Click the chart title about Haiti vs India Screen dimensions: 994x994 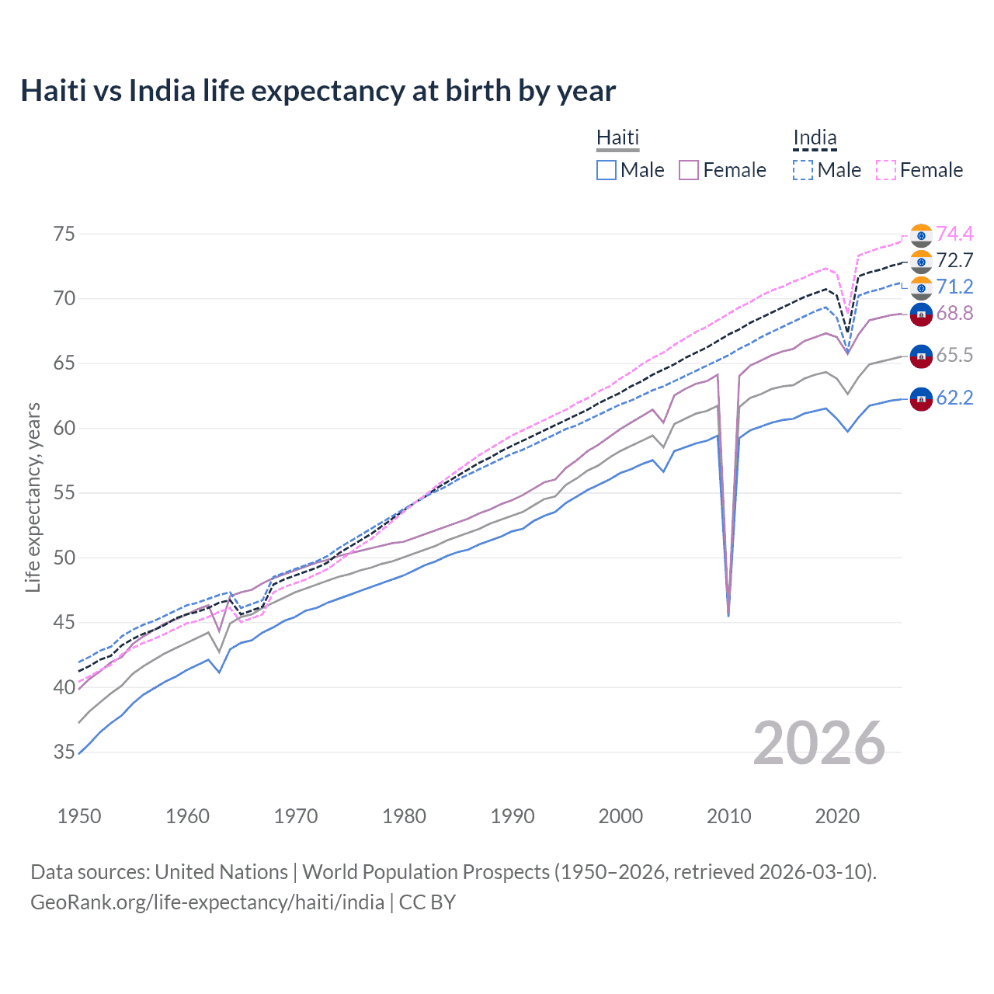click(318, 91)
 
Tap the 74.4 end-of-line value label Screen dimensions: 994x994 click(954, 234)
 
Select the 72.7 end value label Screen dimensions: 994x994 click(954, 260)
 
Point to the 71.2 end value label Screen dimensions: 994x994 click(954, 287)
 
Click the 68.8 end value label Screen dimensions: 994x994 click(954, 313)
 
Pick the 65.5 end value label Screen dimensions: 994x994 click(954, 355)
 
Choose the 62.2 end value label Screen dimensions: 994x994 click(954, 398)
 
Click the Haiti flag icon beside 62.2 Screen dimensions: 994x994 click(921, 398)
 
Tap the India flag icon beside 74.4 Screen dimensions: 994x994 click(921, 235)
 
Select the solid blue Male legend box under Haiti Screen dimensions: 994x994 click(606, 170)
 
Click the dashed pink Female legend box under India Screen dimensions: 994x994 click(886, 170)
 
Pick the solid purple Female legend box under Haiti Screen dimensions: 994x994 click(689, 170)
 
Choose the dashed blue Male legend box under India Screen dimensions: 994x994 click(803, 170)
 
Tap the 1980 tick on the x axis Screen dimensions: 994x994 click(404, 816)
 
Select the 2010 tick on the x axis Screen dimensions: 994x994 click(728, 816)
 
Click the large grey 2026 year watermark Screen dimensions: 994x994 click(819, 743)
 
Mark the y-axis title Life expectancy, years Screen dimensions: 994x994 click(33, 497)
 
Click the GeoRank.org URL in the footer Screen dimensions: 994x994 click(207, 902)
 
